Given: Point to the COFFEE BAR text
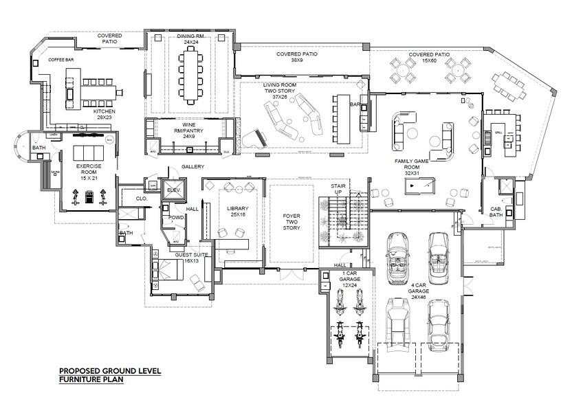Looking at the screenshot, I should (x=60, y=60).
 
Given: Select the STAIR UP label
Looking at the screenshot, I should (x=336, y=189).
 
